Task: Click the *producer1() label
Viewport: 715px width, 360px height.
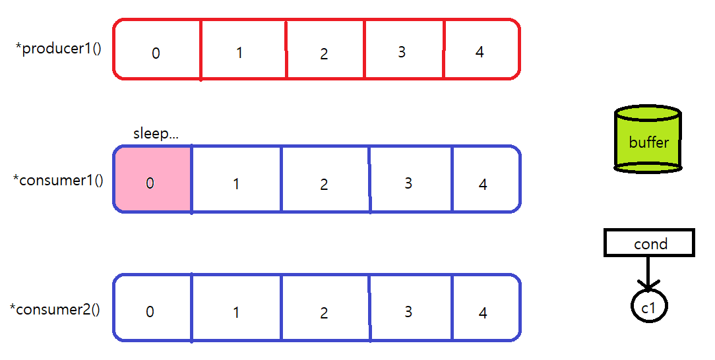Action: coord(59,49)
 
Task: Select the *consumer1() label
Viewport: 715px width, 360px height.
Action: coord(58,179)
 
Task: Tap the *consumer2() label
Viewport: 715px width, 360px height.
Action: coord(55,309)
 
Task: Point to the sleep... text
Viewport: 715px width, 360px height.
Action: coord(156,133)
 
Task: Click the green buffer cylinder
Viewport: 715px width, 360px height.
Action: coord(648,140)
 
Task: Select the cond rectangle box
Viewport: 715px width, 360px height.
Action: coord(649,243)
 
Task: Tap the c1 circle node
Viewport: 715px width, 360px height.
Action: coord(649,306)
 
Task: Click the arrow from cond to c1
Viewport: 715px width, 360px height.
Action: coord(648,272)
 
